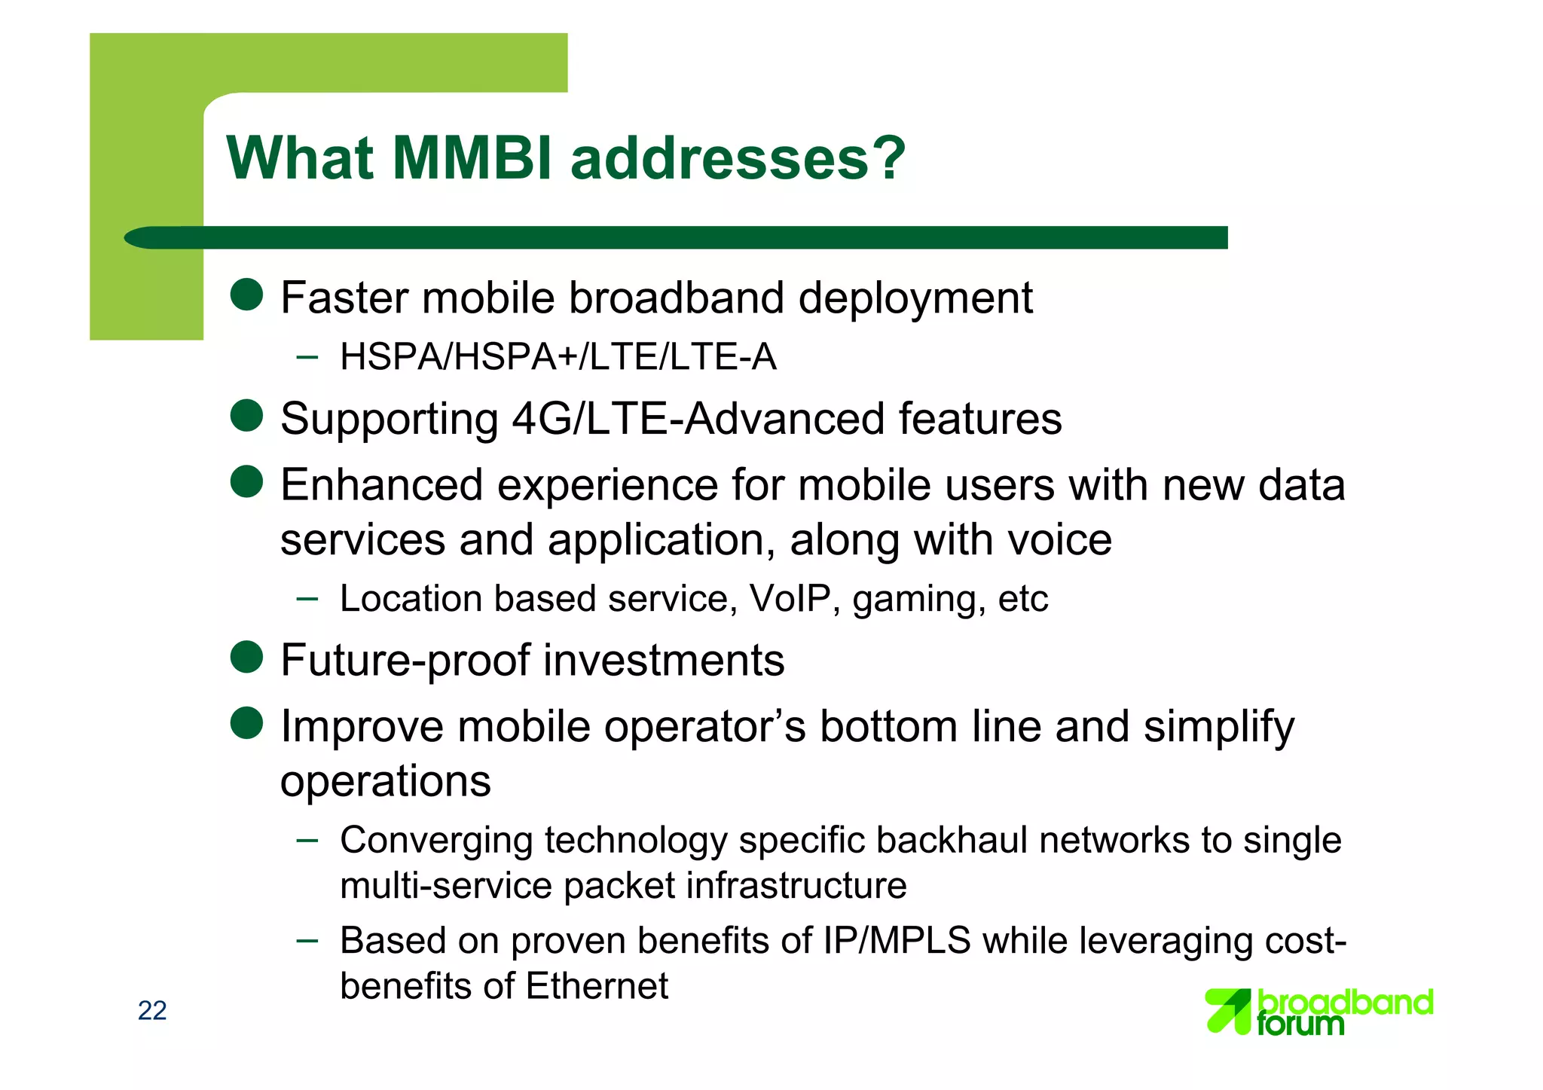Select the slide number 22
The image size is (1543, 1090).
[152, 1010]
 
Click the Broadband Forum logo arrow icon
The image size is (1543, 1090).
[1228, 1011]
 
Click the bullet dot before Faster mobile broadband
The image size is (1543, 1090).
[246, 295]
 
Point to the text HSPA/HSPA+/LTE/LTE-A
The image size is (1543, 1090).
[558, 356]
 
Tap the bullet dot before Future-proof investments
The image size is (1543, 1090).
[246, 657]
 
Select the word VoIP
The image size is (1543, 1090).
[790, 599]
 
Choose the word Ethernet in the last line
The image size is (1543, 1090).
[597, 986]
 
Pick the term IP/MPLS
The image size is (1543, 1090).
[897, 941]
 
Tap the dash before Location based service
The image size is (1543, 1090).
[307, 599]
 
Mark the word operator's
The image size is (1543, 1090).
[704, 727]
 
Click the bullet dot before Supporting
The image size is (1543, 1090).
[246, 416]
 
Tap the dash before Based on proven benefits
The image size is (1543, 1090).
[307, 940]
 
